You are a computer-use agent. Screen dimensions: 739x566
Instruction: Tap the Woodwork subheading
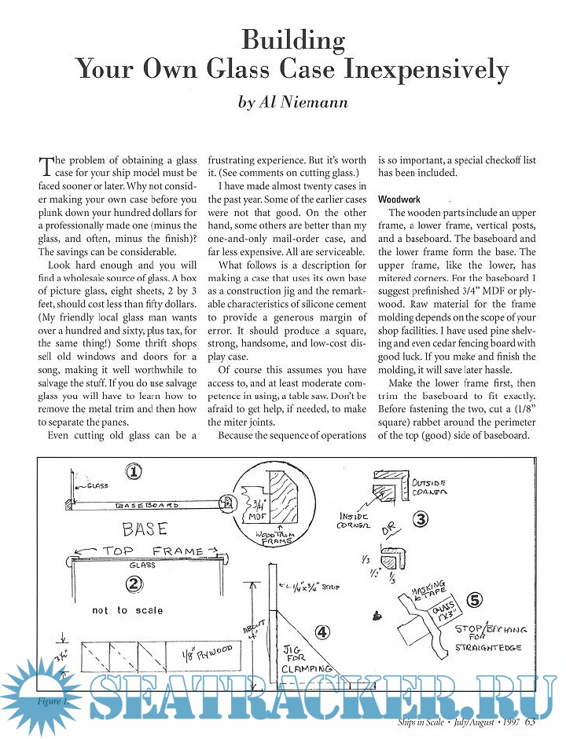click(399, 199)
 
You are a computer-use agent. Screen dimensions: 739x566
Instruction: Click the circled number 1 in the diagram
click(134, 471)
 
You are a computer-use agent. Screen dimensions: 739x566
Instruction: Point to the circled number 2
click(134, 583)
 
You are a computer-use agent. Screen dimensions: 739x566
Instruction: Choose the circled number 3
click(421, 518)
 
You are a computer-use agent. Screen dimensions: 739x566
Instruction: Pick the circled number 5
click(473, 599)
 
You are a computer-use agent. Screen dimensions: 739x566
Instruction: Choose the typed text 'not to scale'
click(127, 610)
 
